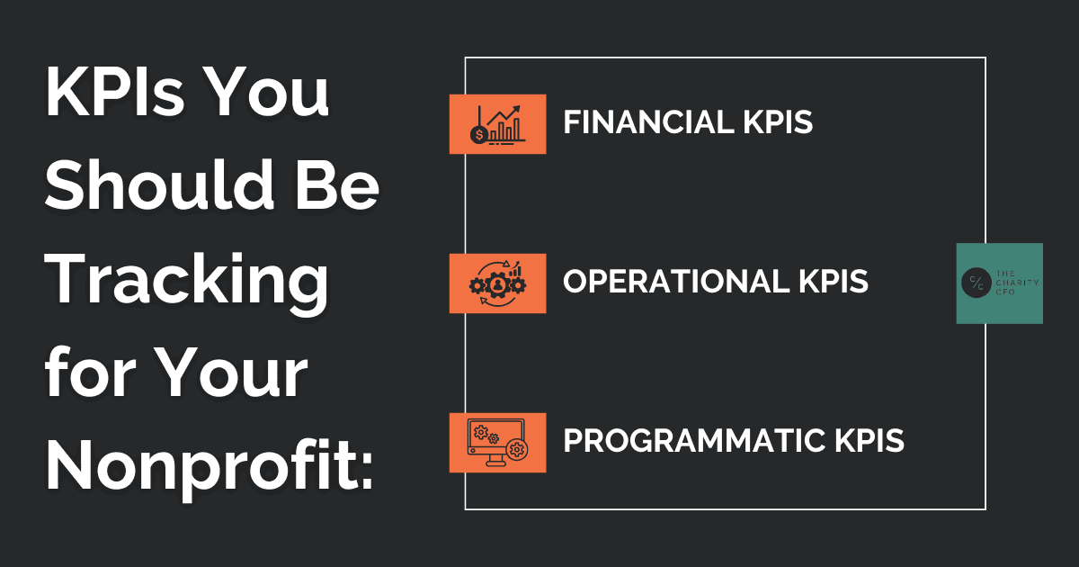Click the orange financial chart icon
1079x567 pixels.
(497, 124)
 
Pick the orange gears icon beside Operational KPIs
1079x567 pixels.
(497, 283)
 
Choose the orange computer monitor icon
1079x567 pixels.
(497, 443)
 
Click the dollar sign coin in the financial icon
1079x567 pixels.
(478, 135)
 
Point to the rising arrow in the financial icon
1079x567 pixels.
(504, 116)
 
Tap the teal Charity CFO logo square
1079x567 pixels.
(1000, 283)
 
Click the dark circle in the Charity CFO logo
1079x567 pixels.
(976, 283)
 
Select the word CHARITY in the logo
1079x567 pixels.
(1017, 283)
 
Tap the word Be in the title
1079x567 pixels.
(337, 184)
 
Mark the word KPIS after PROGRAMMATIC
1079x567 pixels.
(869, 441)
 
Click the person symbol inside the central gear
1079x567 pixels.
(497, 285)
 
